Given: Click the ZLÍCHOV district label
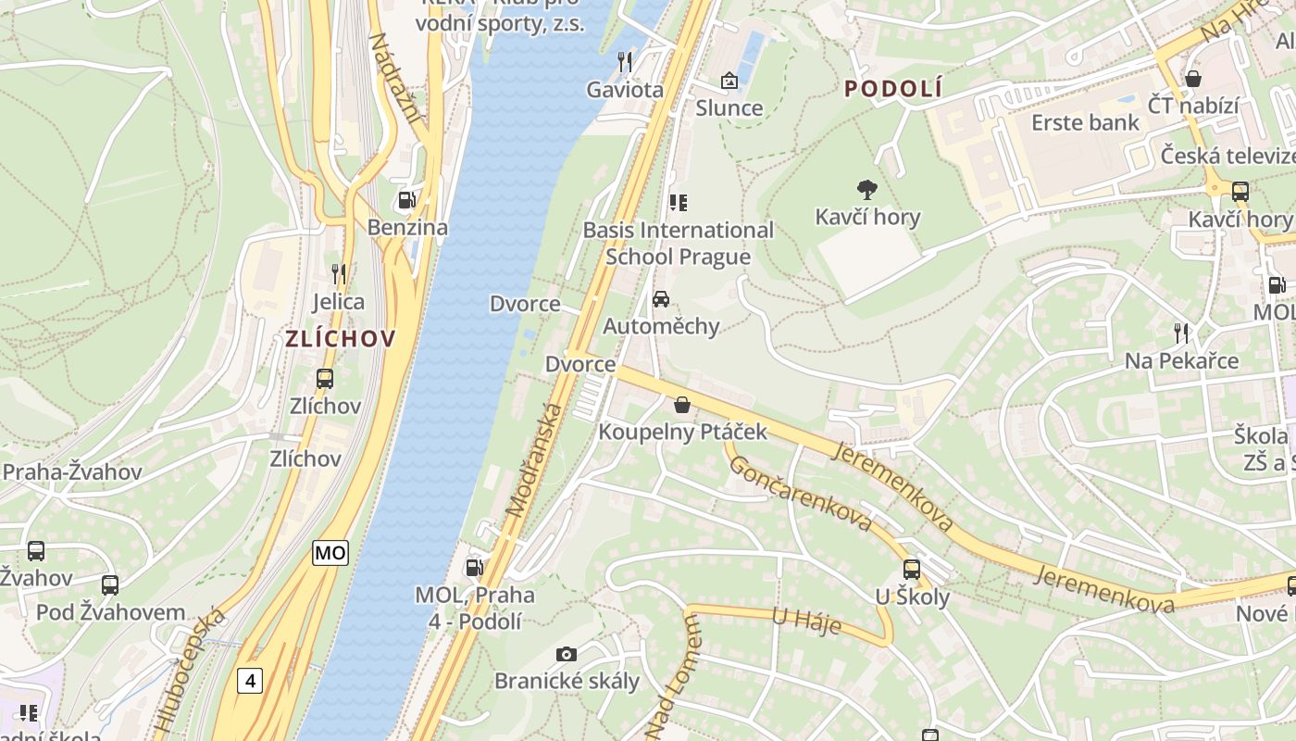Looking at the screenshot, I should pyautogui.click(x=340, y=338).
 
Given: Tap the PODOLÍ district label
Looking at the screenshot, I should pyautogui.click(x=893, y=89).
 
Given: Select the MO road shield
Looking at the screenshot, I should pyautogui.click(x=330, y=553).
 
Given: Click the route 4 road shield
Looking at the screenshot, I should pyautogui.click(x=249, y=681).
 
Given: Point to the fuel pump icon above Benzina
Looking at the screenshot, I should pyautogui.click(x=406, y=200).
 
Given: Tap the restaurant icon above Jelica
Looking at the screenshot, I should pyautogui.click(x=339, y=273).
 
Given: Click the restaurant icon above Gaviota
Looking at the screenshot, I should pyautogui.click(x=625, y=62).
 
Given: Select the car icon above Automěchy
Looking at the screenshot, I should pyautogui.click(x=661, y=298).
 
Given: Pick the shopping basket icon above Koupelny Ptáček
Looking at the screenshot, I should pyautogui.click(x=682, y=405).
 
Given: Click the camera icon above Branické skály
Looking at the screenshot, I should pyautogui.click(x=567, y=654).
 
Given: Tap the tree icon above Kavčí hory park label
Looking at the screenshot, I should pyautogui.click(x=867, y=190).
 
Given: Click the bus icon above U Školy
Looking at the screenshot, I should pyautogui.click(x=912, y=569).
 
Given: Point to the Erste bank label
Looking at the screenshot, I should pyautogui.click(x=1085, y=122).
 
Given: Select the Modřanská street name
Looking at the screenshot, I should pyautogui.click(x=534, y=460).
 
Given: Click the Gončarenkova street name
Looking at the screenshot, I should pyautogui.click(x=800, y=493).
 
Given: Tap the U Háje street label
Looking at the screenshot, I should pyautogui.click(x=805, y=622).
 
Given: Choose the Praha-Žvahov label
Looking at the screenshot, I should pyautogui.click(x=71, y=472).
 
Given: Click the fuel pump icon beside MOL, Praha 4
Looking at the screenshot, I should pyautogui.click(x=474, y=566).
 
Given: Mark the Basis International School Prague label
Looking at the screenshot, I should pyautogui.click(x=678, y=243).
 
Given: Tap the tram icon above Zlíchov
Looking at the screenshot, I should pyautogui.click(x=325, y=378).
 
